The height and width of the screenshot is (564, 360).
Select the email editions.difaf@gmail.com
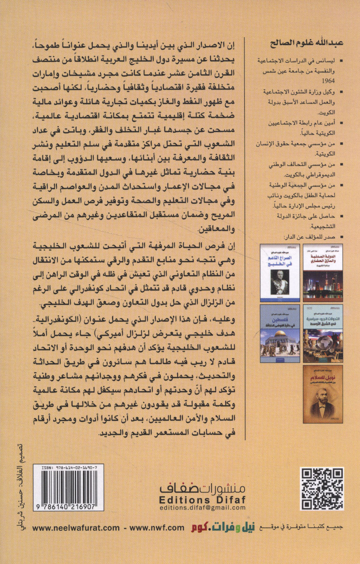(203, 507)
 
